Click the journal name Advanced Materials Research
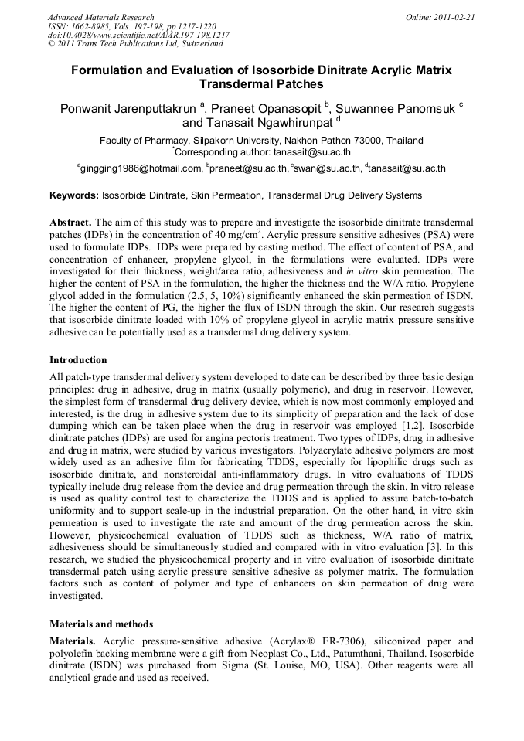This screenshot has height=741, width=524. coord(100,17)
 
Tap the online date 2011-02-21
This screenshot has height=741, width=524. coord(452,17)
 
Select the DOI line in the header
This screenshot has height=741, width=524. coord(138,36)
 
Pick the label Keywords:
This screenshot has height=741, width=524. coord(74,195)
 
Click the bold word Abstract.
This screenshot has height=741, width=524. coord(70,221)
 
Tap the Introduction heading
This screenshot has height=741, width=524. coord(78,360)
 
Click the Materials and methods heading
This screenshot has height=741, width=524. coord(101,624)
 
